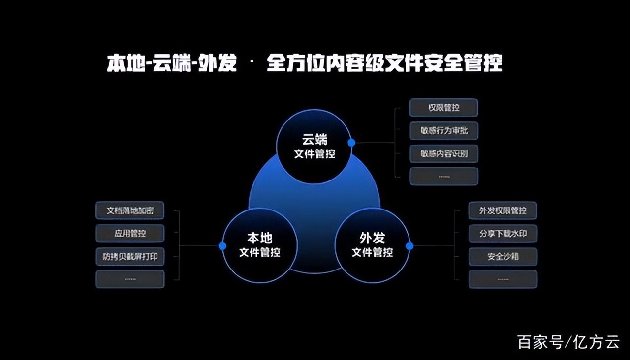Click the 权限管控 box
point(443,108)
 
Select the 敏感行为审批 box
point(443,131)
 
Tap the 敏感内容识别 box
point(443,153)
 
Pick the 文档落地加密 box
point(130,210)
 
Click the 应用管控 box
point(130,233)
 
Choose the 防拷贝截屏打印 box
point(130,256)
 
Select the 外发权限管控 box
point(503,210)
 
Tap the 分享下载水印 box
point(503,233)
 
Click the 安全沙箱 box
point(503,256)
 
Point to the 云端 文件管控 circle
point(315,147)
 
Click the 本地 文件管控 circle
point(259,245)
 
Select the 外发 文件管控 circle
point(372,245)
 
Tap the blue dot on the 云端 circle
point(351,142)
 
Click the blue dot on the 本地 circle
point(222,246)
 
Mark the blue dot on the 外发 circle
point(409,246)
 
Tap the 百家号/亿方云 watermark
point(568,342)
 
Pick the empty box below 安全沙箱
point(503,279)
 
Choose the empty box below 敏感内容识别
point(443,176)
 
